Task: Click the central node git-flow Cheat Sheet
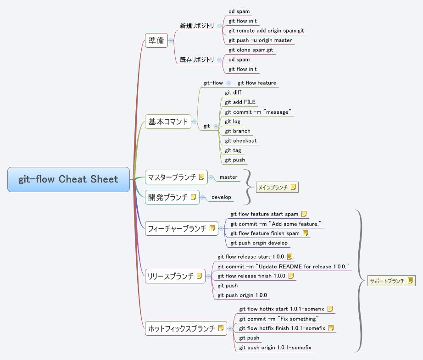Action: click(68, 179)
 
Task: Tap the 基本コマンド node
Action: click(168, 122)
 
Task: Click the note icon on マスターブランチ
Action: click(201, 177)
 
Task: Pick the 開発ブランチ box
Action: click(167, 197)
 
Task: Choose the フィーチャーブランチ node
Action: click(177, 228)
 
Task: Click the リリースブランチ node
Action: click(170, 276)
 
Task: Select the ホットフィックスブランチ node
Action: click(181, 328)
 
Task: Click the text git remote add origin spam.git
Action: click(266, 31)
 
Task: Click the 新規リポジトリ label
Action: click(197, 26)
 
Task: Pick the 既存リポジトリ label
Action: click(197, 60)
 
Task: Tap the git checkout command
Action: click(241, 141)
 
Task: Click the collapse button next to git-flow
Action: click(228, 83)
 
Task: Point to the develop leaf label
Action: click(221, 197)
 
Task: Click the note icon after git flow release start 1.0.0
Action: click(289, 256)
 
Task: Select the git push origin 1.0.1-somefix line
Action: click(275, 348)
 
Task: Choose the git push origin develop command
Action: click(259, 243)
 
